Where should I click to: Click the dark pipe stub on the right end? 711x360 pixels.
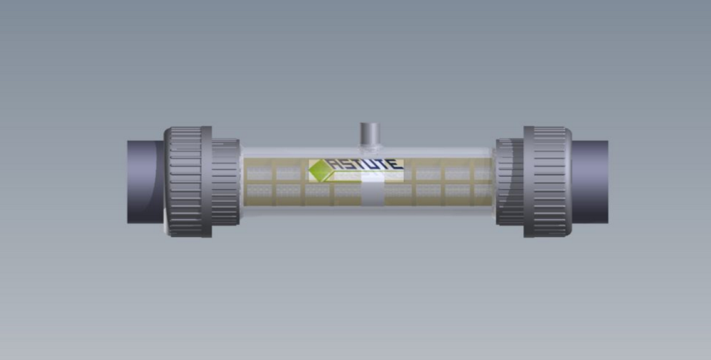click(x=590, y=182)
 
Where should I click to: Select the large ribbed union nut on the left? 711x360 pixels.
click(x=188, y=182)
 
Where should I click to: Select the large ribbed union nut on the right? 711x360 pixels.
click(x=547, y=182)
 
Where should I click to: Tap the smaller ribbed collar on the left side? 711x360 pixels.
click(x=225, y=182)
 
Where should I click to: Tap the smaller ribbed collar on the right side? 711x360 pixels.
click(x=510, y=182)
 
